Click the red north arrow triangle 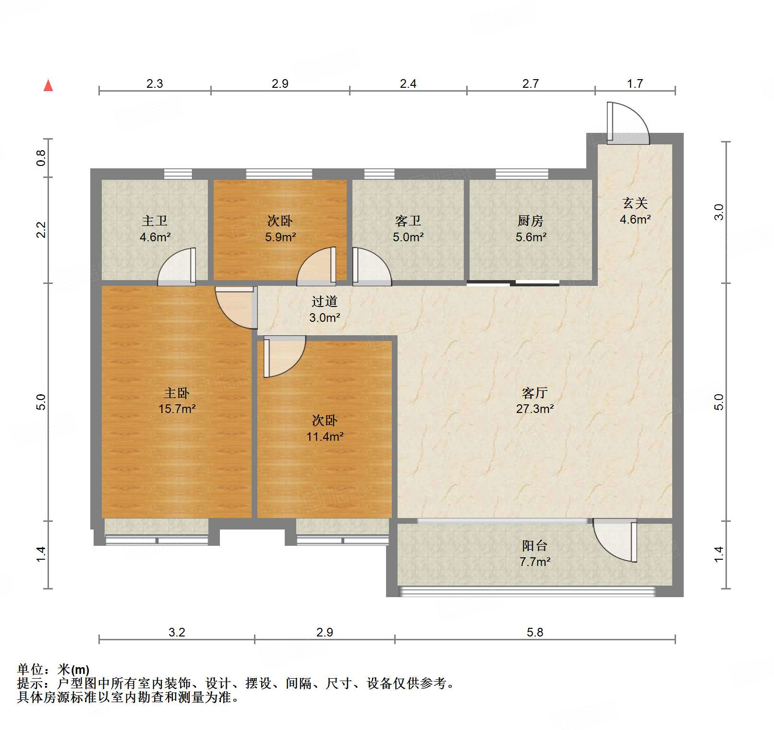pos(48,86)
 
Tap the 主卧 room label pos(177,393)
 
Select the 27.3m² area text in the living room pos(534,409)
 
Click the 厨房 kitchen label pos(531,221)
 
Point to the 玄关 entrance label pos(635,203)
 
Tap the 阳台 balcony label pos(534,545)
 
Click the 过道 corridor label pos(325,301)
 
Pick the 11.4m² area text pos(325,437)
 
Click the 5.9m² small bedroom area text pos(280,237)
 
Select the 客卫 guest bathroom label pos(408,221)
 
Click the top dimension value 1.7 pos(635,84)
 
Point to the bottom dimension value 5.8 pos(534,632)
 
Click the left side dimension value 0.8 pos(41,158)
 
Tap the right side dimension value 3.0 pos(719,212)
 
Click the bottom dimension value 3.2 pos(177,632)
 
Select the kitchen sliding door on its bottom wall pos(513,283)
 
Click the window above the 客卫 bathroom pos(379,174)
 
